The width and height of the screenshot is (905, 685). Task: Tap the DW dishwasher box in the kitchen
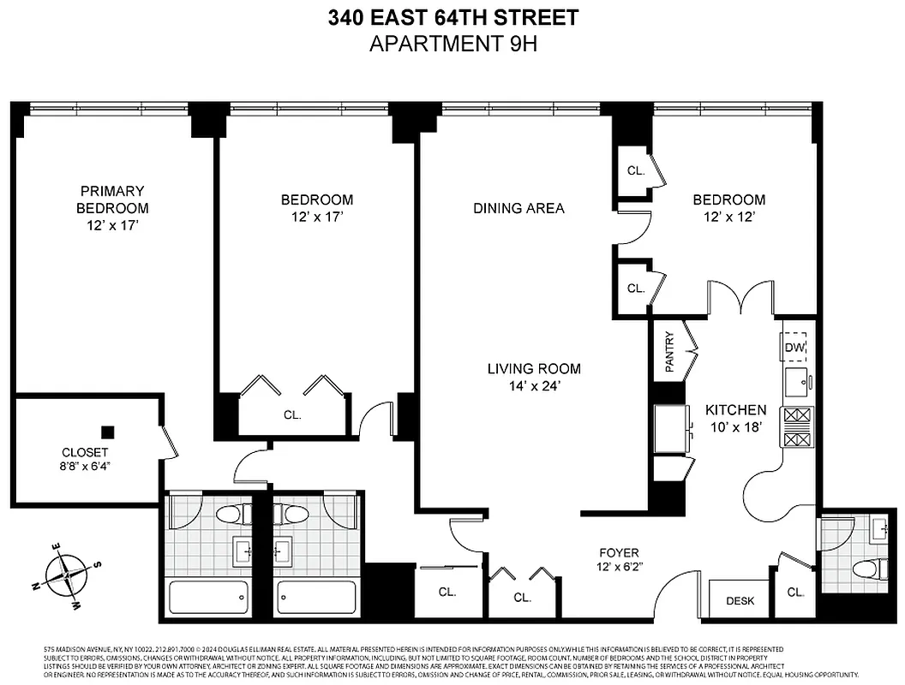tap(796, 346)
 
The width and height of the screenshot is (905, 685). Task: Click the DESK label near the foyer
tap(740, 600)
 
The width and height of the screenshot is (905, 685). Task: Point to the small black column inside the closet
tap(107, 432)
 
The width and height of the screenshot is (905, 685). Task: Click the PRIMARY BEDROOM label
tap(112, 200)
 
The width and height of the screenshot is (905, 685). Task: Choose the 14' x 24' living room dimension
tap(534, 385)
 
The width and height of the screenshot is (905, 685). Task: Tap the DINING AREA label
tap(518, 208)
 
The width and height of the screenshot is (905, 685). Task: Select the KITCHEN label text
tap(735, 410)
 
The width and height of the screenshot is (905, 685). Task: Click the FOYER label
tap(619, 552)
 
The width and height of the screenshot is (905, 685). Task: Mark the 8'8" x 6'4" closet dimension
tap(85, 467)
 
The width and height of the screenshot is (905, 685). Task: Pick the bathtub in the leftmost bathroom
tap(207, 596)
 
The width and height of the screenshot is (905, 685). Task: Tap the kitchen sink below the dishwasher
tap(798, 382)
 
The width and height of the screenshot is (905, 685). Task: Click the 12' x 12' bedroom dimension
tap(728, 217)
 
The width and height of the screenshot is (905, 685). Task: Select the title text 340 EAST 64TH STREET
tap(452, 18)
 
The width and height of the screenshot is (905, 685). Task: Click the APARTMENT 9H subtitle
tap(452, 43)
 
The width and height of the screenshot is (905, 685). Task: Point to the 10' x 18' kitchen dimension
tap(735, 426)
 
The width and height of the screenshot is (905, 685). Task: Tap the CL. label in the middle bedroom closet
tap(292, 415)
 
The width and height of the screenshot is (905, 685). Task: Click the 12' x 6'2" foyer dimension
tap(619, 568)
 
